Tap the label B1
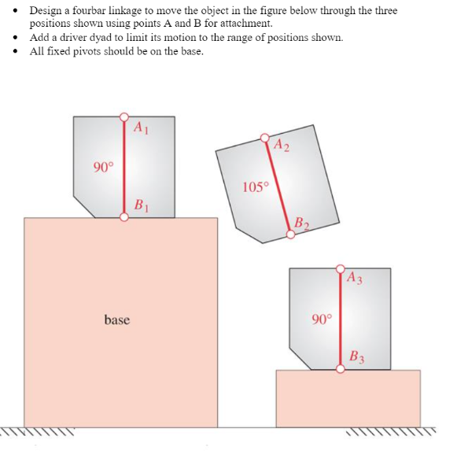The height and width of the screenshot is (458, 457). click(x=141, y=207)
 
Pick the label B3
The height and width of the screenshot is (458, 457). click(x=356, y=356)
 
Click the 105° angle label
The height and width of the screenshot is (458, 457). click(x=256, y=187)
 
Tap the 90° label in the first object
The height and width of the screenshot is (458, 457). click(x=103, y=167)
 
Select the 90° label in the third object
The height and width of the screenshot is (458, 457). click(x=322, y=319)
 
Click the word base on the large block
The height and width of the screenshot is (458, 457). click(x=116, y=319)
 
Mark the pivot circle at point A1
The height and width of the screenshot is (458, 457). click(x=123, y=117)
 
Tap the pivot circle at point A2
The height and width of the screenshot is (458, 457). click(x=265, y=139)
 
